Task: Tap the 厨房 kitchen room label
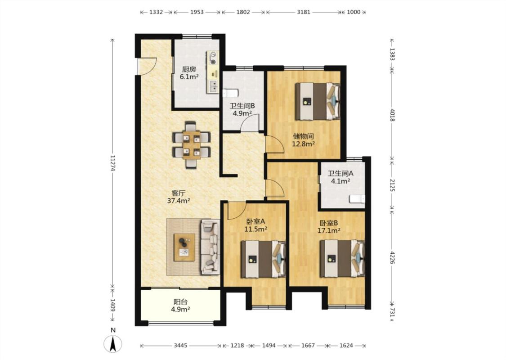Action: pos(189,73)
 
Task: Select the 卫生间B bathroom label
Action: pos(242,109)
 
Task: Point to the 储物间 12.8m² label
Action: pos(303,140)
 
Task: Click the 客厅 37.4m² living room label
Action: pos(179,197)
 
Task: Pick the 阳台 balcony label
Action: pos(180,306)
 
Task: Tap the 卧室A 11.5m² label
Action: pos(255,225)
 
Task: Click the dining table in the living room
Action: pos(192,145)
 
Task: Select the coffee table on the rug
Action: pos(184,247)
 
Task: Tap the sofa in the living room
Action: pos(210,247)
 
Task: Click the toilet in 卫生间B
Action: pos(230,93)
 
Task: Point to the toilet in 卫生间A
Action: pos(357,199)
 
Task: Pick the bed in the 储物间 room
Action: pos(318,101)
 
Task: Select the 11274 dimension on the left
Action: pos(112,163)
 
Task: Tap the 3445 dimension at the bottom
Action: pos(180,346)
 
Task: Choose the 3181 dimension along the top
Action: pos(304,12)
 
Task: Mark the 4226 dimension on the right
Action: pos(392,257)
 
